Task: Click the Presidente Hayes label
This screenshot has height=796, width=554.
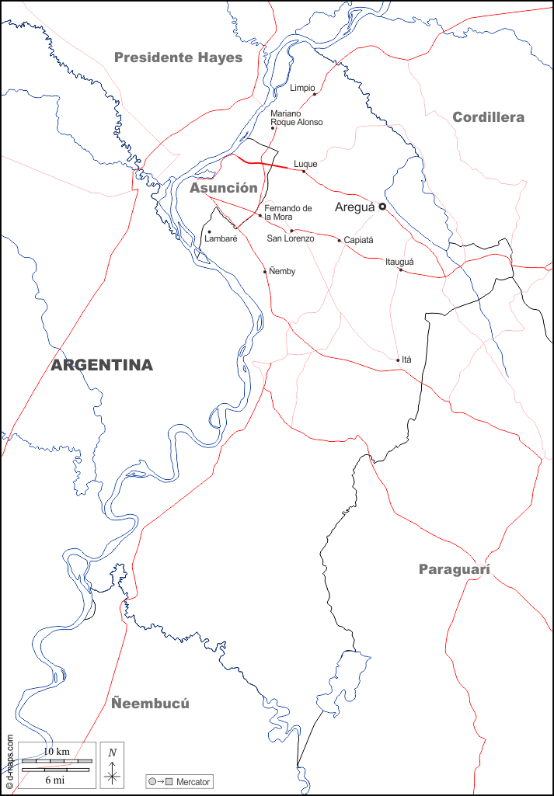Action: (x=178, y=57)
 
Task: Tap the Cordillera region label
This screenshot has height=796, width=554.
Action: (x=488, y=117)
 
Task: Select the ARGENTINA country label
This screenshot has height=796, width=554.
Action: (x=102, y=365)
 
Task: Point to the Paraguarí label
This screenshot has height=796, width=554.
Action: (x=455, y=569)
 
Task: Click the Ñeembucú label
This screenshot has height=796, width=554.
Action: (x=150, y=704)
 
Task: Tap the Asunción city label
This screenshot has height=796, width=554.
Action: (x=223, y=188)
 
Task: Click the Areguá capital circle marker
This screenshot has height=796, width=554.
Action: (x=382, y=207)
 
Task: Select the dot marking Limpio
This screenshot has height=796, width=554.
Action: (x=315, y=95)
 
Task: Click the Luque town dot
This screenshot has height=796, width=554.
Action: (x=304, y=171)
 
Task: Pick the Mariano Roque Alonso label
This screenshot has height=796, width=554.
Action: (x=296, y=118)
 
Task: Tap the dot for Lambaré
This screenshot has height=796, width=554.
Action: (x=209, y=231)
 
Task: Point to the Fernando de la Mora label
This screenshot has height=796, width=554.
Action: (x=287, y=212)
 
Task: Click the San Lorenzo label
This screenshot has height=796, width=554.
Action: (x=290, y=238)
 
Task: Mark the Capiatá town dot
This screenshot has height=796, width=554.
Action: (x=340, y=241)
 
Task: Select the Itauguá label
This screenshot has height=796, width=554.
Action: (x=399, y=262)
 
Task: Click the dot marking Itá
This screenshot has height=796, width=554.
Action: (x=398, y=360)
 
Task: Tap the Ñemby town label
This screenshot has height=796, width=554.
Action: (x=281, y=271)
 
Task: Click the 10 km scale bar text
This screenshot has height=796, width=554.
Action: (x=57, y=752)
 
